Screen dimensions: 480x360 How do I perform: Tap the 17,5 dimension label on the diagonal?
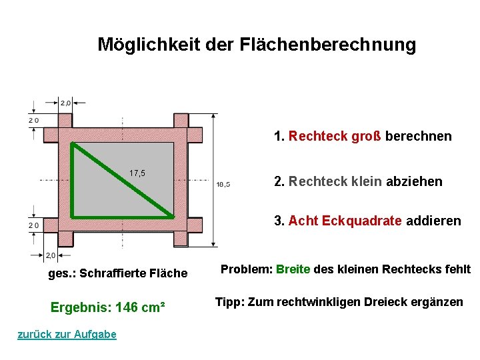137,173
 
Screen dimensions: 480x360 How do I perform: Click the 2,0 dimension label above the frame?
66,103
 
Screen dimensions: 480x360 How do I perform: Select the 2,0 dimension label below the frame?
50,255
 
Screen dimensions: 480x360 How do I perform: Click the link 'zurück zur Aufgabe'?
67,335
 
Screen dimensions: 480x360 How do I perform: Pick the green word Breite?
293,269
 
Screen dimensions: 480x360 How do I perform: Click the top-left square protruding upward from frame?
65,120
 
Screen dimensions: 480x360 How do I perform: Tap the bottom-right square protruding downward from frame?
181,239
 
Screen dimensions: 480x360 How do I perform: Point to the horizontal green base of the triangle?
123,217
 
